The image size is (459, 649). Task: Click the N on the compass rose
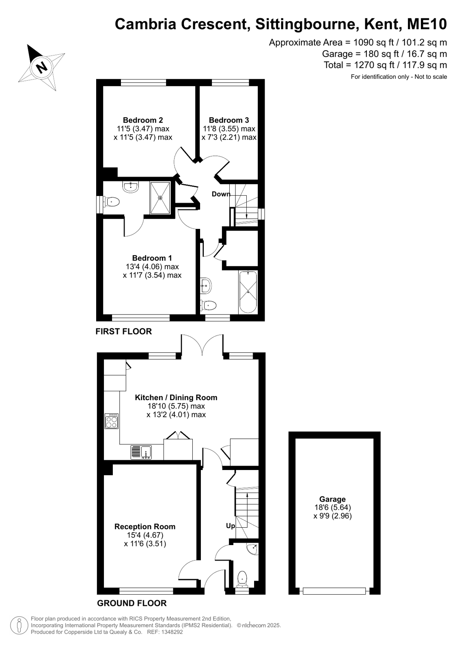click(42, 67)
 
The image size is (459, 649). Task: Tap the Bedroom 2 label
click(143, 120)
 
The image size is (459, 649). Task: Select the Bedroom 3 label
click(229, 120)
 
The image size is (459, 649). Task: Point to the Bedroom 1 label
click(152, 258)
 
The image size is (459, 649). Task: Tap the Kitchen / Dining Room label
click(176, 397)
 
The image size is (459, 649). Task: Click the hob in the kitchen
click(112, 421)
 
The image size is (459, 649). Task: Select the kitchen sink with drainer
click(141, 452)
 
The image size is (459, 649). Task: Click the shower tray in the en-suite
click(160, 198)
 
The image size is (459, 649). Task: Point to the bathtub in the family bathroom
click(248, 292)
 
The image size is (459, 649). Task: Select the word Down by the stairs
click(221, 194)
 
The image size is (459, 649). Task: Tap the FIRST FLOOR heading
click(124, 332)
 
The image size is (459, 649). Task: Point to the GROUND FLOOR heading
click(132, 603)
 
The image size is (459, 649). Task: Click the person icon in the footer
click(19, 625)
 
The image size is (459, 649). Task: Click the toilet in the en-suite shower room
click(112, 202)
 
